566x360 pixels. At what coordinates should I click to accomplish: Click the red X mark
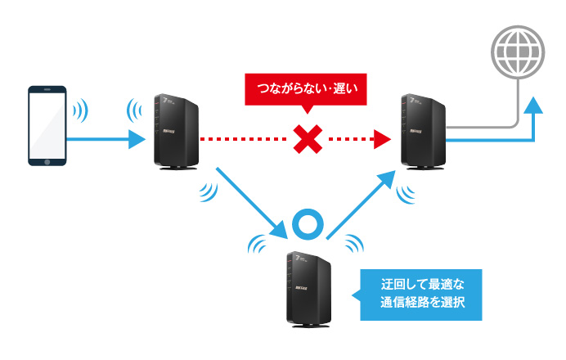click(x=306, y=141)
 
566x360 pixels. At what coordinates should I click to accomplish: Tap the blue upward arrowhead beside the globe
click(x=535, y=105)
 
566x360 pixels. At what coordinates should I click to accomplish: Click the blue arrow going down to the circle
click(x=249, y=197)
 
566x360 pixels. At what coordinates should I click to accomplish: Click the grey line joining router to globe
click(x=483, y=128)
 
